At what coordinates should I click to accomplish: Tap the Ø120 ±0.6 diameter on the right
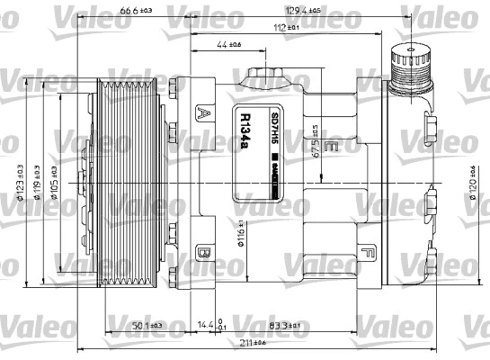coord(471,184)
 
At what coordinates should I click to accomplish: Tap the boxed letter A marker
coord(204,113)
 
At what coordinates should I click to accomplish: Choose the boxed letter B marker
coord(203,254)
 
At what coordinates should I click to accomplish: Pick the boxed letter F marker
coord(364,253)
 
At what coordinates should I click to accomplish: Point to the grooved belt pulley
coord(129,180)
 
